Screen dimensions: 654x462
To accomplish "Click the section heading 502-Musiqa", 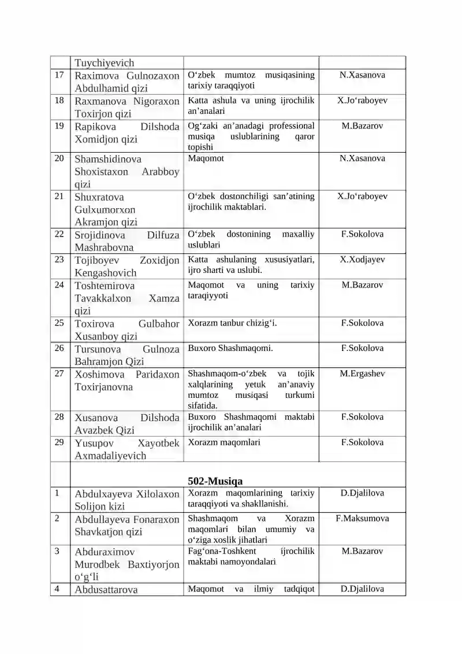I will [x=215, y=481].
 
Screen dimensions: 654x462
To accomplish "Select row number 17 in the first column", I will [x=59, y=75].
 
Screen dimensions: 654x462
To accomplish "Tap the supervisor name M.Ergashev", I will [x=362, y=374].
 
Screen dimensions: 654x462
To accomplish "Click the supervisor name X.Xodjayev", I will [x=362, y=260].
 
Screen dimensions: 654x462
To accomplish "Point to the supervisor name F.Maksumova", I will [x=362, y=518].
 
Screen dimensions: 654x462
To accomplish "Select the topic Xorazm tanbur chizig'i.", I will [x=232, y=323].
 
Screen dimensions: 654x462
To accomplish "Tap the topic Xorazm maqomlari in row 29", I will [x=224, y=442].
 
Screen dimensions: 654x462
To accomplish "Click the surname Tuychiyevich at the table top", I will [x=104, y=63].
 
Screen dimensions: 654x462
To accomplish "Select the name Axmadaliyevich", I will [x=110, y=456].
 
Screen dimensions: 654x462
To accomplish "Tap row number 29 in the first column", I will [x=59, y=442].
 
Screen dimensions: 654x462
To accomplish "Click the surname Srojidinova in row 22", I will [x=98, y=235].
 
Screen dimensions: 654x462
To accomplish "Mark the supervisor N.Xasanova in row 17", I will [x=362, y=75].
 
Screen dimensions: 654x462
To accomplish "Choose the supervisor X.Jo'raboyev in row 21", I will [x=362, y=196].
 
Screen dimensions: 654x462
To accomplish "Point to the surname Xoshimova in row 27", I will [x=96, y=375].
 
